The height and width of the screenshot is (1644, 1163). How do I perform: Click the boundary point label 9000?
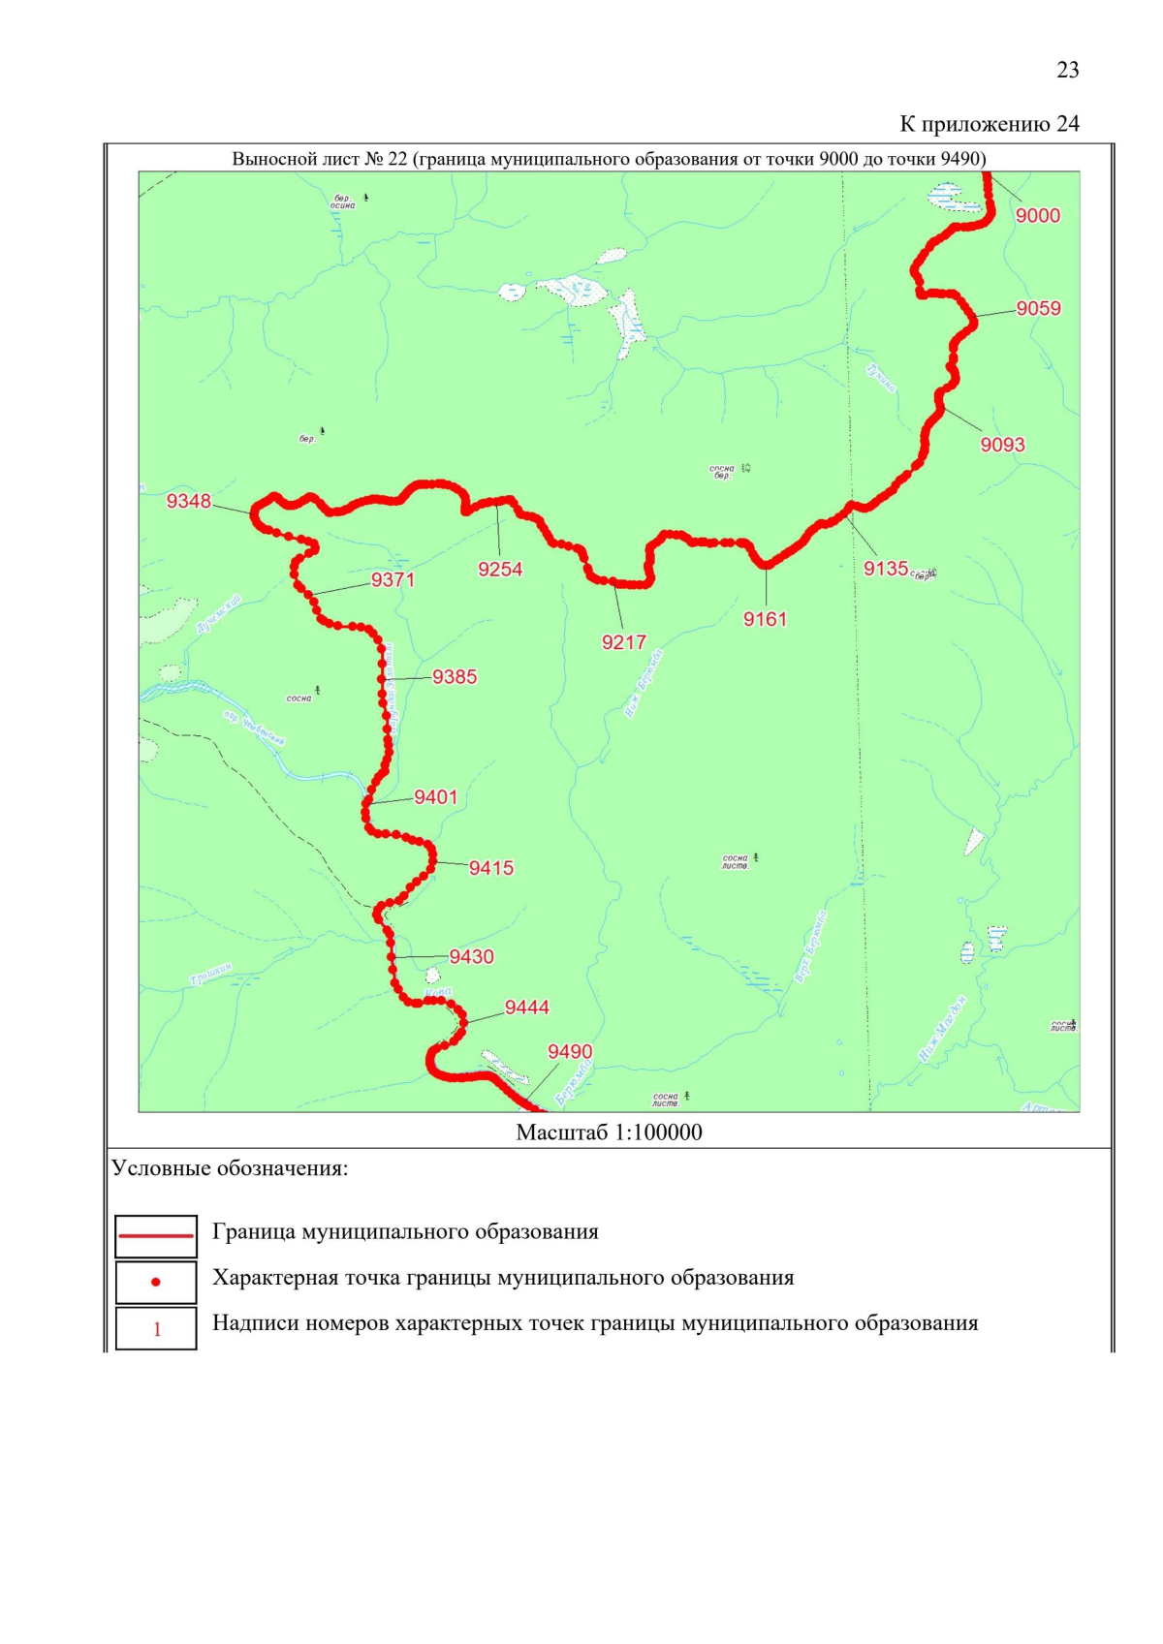point(1037,216)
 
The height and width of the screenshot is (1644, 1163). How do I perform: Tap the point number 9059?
point(1038,309)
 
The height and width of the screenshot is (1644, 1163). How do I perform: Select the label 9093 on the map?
point(1002,445)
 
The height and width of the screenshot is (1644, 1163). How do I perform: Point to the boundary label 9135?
point(886,569)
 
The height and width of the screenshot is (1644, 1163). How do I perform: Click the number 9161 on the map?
point(765,619)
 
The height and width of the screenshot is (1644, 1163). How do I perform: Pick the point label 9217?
point(623,642)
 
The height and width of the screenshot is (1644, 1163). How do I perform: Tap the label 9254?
point(500,570)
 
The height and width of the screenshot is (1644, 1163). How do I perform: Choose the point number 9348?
point(188,501)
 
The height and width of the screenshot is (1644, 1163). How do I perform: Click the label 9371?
point(393,580)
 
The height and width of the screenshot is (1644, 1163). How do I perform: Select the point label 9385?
point(455,677)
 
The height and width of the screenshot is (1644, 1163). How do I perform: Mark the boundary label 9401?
point(435,797)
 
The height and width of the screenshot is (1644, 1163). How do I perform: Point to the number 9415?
point(490,868)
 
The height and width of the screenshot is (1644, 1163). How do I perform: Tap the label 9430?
point(471,957)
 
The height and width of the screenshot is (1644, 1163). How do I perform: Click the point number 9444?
point(526,1008)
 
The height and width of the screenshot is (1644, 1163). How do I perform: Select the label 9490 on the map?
point(570,1052)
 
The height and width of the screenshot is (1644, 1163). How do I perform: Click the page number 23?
point(1067,70)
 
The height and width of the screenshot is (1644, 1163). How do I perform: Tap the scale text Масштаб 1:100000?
point(609,1132)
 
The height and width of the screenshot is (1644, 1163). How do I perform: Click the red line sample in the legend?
point(156,1236)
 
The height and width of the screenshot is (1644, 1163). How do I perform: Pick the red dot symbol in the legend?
point(156,1283)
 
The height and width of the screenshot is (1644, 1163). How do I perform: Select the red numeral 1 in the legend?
point(157,1329)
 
